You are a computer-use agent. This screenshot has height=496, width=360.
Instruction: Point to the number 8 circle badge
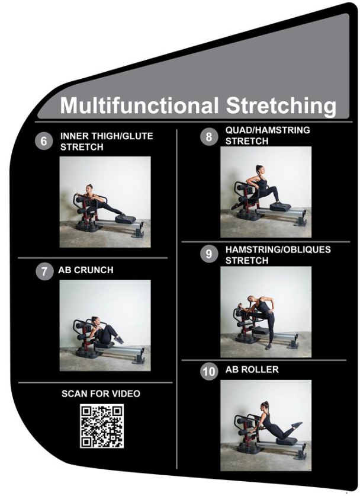point(208,137)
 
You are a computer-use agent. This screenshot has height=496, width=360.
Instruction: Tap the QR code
point(102,426)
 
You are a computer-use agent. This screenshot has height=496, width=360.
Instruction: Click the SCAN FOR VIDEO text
point(101,393)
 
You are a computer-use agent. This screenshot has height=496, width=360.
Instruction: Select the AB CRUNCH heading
point(86,270)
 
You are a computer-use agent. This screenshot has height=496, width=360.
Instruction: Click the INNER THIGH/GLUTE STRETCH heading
point(107,141)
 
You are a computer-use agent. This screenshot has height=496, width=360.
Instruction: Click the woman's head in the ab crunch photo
point(95,320)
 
